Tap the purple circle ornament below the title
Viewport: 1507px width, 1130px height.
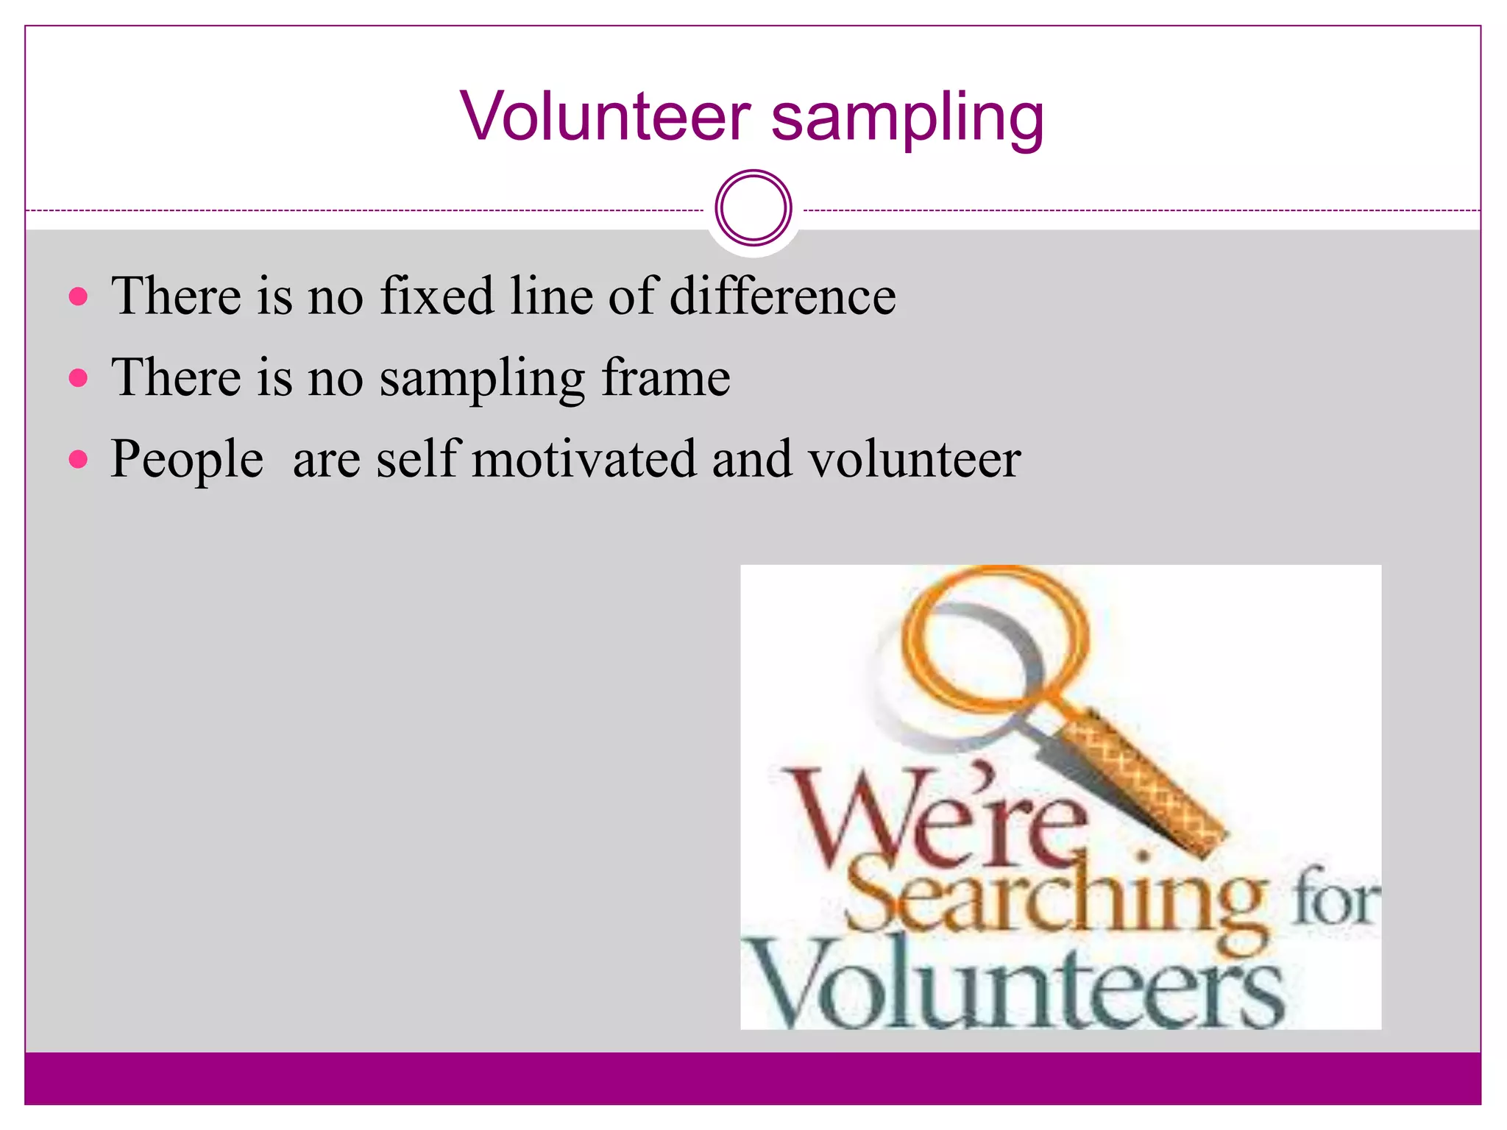pyautogui.click(x=753, y=208)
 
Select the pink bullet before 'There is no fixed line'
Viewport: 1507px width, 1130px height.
pyautogui.click(x=78, y=297)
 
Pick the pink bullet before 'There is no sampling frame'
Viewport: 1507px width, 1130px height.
pyautogui.click(x=78, y=378)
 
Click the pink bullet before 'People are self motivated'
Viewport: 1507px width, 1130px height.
pyautogui.click(x=78, y=460)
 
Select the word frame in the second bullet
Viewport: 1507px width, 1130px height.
pyautogui.click(x=665, y=377)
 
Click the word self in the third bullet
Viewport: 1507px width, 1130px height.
pyautogui.click(x=419, y=458)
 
